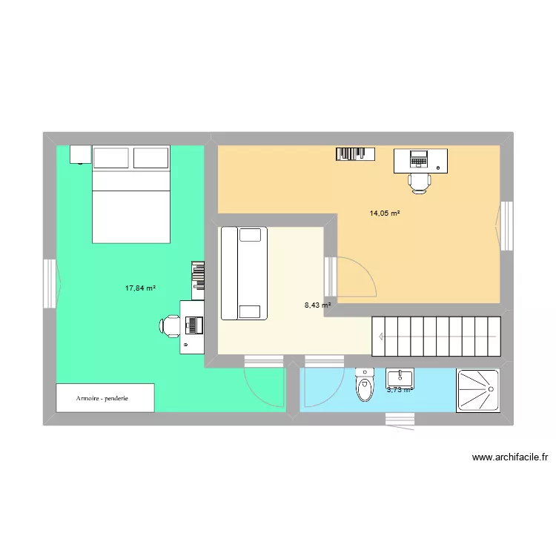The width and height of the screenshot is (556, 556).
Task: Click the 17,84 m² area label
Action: tap(140, 288)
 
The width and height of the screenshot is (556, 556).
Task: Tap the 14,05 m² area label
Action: tap(385, 214)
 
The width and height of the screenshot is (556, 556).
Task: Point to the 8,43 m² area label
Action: tap(317, 304)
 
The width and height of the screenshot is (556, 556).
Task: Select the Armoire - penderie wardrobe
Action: tap(105, 398)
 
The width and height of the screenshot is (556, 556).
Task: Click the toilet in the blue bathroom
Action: tap(365, 385)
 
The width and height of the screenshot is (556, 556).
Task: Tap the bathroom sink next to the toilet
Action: tap(400, 379)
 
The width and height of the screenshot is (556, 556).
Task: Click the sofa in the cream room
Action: tap(243, 274)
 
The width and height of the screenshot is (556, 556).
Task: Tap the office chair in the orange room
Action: tap(420, 182)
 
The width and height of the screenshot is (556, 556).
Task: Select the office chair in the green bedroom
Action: tap(171, 325)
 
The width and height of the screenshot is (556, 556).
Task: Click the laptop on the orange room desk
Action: tap(420, 158)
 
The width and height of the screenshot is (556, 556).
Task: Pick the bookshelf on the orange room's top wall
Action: tap(355, 153)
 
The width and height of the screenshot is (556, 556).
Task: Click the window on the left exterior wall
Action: tap(50, 283)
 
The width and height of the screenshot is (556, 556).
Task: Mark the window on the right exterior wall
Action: tap(506, 225)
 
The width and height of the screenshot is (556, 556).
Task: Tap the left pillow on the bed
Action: tap(111, 157)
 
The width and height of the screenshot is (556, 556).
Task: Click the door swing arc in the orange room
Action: tap(351, 274)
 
